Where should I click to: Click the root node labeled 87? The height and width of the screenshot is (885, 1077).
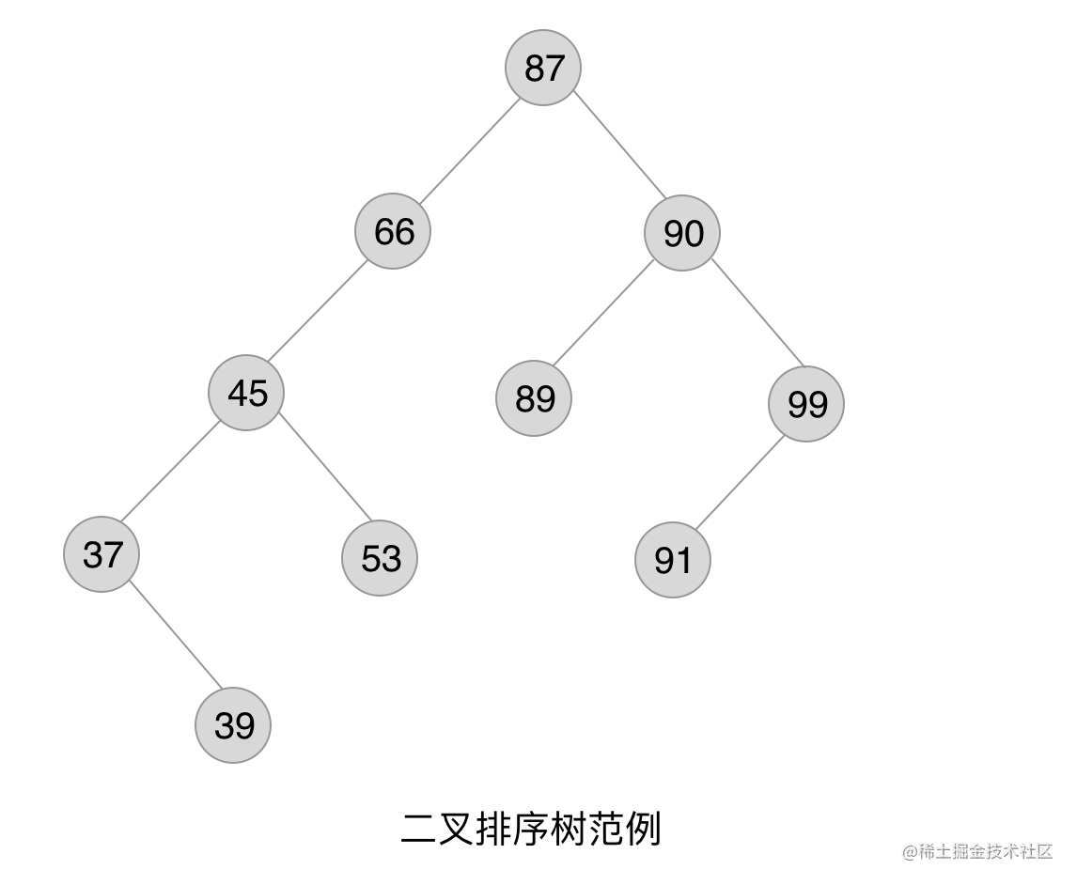click(543, 68)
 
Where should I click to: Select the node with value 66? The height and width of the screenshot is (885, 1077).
click(393, 231)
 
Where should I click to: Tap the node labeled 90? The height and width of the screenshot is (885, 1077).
click(682, 233)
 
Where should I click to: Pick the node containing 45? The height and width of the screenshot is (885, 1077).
click(246, 393)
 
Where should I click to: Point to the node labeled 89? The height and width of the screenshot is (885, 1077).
click(534, 398)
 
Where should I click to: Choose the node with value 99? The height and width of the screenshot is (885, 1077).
click(806, 404)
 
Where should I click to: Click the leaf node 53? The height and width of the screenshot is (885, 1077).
click(380, 558)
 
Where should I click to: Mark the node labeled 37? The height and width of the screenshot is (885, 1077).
click(101, 554)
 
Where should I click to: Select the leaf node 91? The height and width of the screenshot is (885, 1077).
click(673, 560)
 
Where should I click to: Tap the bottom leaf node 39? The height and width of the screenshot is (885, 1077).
click(233, 725)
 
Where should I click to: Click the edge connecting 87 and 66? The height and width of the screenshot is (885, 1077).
click(469, 150)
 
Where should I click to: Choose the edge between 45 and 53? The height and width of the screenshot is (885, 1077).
click(325, 466)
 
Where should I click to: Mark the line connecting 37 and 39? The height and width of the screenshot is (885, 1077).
click(175, 637)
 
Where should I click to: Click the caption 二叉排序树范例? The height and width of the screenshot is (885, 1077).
click(531, 830)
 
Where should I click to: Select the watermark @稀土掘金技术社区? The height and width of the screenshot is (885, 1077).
click(977, 851)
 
